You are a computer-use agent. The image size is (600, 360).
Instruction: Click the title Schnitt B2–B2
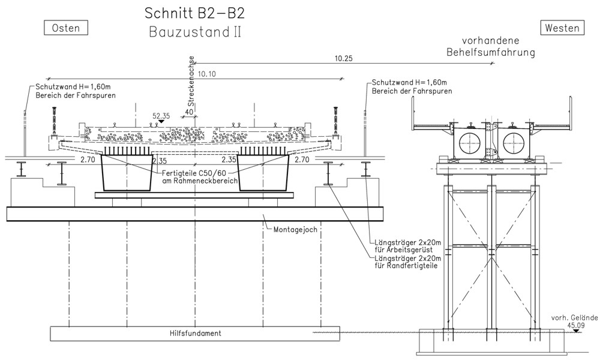tap(194, 13)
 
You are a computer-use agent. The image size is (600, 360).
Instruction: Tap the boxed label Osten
tap(66, 28)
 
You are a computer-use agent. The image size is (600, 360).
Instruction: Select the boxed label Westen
tap(562, 28)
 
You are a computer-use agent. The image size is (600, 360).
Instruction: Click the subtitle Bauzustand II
tap(195, 32)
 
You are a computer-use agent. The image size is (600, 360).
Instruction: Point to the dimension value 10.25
tap(343, 59)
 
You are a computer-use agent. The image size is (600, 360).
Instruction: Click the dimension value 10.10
tap(206, 74)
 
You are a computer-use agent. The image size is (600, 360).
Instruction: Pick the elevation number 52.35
tap(161, 116)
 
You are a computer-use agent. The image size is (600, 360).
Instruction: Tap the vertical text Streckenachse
tap(191, 81)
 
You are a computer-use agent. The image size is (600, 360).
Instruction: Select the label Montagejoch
tap(295, 230)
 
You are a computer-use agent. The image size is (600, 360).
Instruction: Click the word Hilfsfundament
tap(195, 333)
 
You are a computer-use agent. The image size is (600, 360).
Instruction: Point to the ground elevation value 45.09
tap(576, 325)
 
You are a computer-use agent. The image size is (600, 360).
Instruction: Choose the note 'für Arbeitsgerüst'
tap(403, 250)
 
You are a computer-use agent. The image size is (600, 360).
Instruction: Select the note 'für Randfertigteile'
tap(406, 266)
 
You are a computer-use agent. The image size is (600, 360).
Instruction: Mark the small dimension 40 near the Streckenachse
tap(188, 112)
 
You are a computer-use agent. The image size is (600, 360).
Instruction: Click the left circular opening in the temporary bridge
tap(470, 143)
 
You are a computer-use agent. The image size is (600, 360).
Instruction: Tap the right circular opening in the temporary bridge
tap(513, 143)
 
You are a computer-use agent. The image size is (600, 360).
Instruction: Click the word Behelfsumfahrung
tap(491, 52)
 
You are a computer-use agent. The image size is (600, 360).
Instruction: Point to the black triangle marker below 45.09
tap(576, 331)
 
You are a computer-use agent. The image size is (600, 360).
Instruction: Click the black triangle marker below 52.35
tap(161, 121)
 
